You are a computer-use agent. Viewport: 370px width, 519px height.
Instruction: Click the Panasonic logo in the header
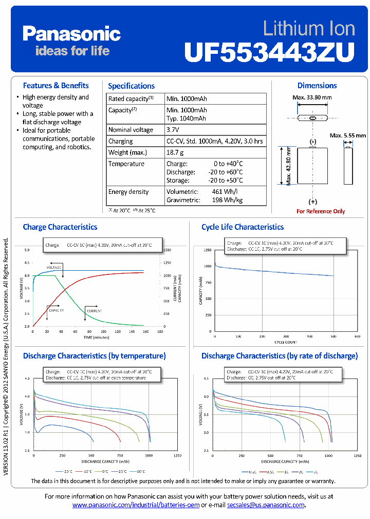[71, 34]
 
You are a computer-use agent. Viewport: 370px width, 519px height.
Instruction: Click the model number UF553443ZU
[269, 51]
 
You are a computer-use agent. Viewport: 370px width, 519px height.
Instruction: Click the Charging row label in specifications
[121, 141]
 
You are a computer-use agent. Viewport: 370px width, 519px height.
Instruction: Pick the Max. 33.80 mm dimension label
[312, 97]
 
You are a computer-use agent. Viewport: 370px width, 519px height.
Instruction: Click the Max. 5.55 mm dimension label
[348, 135]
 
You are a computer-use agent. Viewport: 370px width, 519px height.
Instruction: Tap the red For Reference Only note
[321, 211]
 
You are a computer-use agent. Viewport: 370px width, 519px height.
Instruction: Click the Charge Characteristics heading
[60, 227]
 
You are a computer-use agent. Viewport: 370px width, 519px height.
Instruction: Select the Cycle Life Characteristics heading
[243, 227]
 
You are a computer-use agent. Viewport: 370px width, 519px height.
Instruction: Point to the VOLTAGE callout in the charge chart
[54, 268]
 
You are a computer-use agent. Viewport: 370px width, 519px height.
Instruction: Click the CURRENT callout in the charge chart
[94, 311]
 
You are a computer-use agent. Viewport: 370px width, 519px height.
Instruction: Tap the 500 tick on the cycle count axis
[334, 336]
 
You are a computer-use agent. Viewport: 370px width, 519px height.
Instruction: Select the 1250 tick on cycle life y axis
[207, 250]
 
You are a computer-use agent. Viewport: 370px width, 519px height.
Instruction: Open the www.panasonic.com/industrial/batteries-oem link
[136, 505]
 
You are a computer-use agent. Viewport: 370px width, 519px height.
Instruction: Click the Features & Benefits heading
[56, 86]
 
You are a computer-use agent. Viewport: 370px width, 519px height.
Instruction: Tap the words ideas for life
[72, 51]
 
